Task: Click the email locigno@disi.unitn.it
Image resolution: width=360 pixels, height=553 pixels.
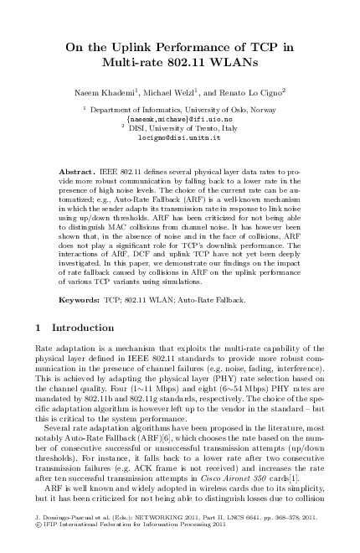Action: [180, 137]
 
